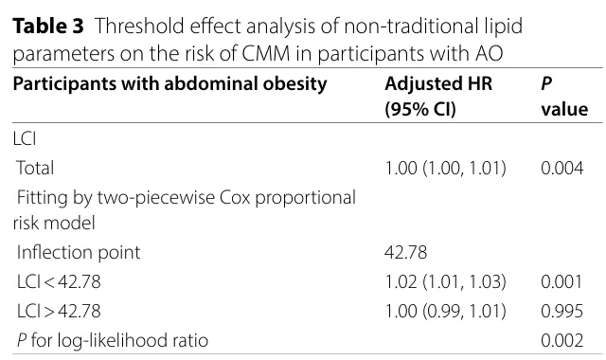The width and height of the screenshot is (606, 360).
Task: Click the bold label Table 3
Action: point(48,27)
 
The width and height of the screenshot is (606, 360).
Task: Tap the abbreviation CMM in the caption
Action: point(265,53)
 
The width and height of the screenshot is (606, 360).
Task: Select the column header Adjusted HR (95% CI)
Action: point(438,97)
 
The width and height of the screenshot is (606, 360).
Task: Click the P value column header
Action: point(564,97)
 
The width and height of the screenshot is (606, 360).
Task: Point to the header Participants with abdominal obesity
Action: point(170,84)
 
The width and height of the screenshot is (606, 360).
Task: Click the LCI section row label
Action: point(25,139)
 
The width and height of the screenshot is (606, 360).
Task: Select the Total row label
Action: point(35,169)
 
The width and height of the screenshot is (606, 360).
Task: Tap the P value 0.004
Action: point(561,169)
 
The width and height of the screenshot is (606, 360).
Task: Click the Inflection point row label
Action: point(79,253)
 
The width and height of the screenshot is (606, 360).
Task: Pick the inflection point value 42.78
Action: point(406,253)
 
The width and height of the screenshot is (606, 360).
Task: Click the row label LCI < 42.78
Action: point(59,281)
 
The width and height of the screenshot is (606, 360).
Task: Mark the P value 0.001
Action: point(561,281)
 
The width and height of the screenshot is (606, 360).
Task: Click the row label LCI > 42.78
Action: point(59,311)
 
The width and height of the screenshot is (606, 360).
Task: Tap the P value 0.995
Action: point(561,311)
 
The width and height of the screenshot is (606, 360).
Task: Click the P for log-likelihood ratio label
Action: point(113,341)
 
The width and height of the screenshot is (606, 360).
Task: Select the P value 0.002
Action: point(561,340)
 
